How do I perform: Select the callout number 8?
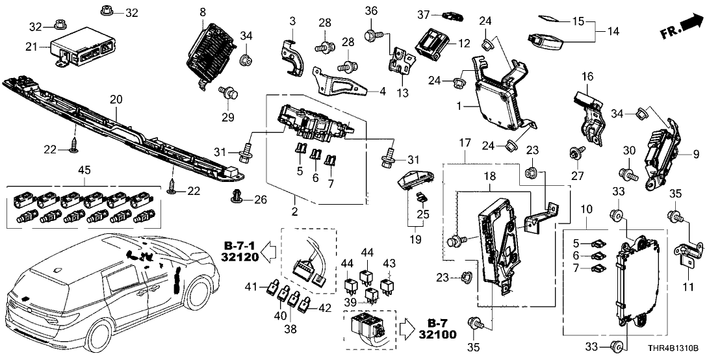pyautogui.click(x=203, y=12)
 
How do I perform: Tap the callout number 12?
pyautogui.click(x=463, y=44)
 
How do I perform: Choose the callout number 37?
pyautogui.click(x=424, y=14)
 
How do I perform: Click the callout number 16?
pyautogui.click(x=587, y=77)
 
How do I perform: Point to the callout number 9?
pyautogui.click(x=697, y=154)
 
